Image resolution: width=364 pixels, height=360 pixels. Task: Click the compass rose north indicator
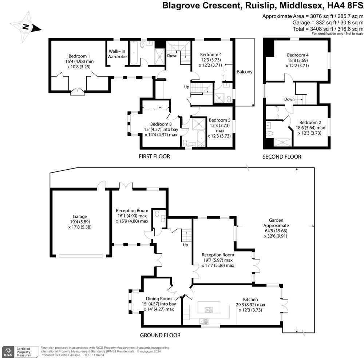coord(25,26)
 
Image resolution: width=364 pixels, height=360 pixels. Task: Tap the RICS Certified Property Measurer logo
coord(20,352)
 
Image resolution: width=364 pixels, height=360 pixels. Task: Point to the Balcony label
coord(245,72)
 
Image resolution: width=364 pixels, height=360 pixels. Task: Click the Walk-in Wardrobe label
coord(117,54)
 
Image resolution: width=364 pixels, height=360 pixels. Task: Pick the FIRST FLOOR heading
coord(154,157)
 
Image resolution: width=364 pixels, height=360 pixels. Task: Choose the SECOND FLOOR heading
coord(282,157)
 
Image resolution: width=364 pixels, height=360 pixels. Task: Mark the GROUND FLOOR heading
coord(160,335)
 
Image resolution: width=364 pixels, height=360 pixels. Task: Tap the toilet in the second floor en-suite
coord(270,134)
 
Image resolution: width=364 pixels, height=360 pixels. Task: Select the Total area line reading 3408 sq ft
coord(328,29)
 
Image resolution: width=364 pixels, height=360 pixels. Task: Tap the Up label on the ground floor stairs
coord(186,245)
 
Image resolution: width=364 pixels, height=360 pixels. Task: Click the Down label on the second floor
coord(289,99)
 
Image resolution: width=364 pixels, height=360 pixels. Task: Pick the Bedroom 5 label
coord(219,120)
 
